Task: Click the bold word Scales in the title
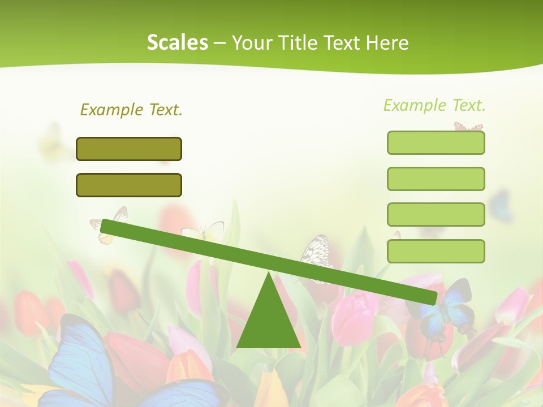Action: coord(177,42)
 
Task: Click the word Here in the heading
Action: coord(387,42)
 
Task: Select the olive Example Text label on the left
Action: coord(131,110)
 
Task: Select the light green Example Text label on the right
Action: coord(434,105)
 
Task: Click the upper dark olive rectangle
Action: coord(129,149)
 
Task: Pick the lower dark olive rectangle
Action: coord(129,185)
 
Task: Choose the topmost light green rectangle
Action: coord(436,142)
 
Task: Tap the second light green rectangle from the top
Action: coord(436,179)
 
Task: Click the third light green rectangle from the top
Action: coord(436,215)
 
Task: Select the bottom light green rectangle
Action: coord(436,251)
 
